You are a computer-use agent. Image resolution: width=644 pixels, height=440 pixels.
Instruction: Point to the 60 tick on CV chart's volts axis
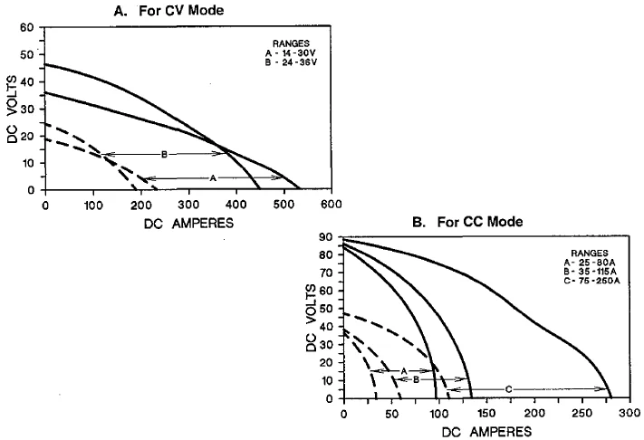28,27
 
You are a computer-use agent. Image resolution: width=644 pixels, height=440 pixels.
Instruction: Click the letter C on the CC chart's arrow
509,389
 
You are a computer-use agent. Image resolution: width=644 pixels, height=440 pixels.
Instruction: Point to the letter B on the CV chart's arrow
164,154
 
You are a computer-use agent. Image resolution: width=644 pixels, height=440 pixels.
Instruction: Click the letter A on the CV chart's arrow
213,178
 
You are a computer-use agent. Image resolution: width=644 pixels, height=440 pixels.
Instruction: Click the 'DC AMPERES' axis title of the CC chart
486,432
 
